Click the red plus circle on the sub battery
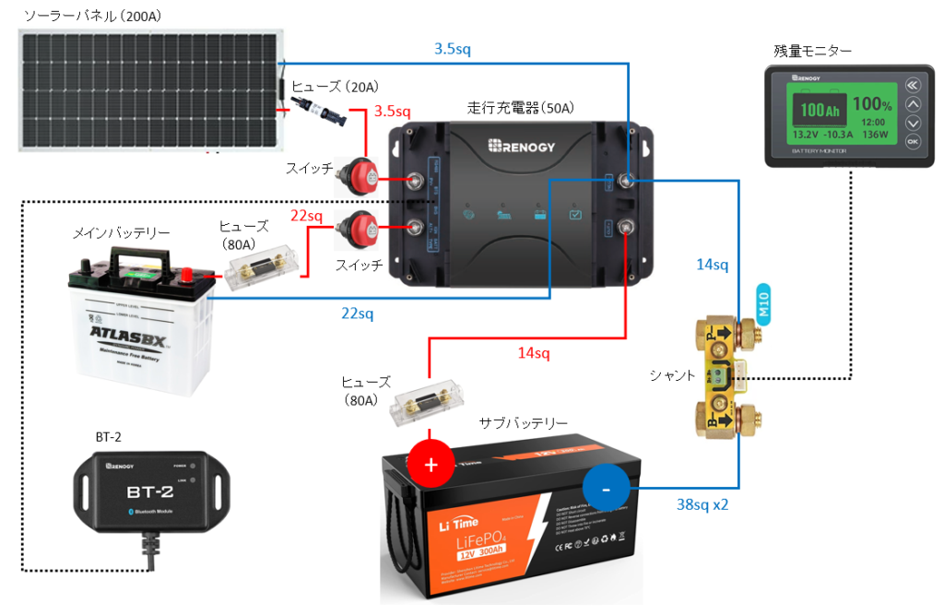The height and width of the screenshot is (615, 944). point(431,465)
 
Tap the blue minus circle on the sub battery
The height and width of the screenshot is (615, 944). point(606,490)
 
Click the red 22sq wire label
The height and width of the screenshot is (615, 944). point(306,216)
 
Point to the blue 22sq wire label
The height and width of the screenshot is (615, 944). point(358,314)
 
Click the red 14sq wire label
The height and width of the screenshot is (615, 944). point(533,352)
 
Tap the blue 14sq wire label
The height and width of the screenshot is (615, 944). point(712,266)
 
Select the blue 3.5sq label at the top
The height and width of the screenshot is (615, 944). point(452,49)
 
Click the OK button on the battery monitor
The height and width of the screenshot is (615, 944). point(913,142)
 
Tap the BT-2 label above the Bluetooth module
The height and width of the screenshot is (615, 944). point(109,436)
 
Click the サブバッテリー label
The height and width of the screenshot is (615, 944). point(524,423)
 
